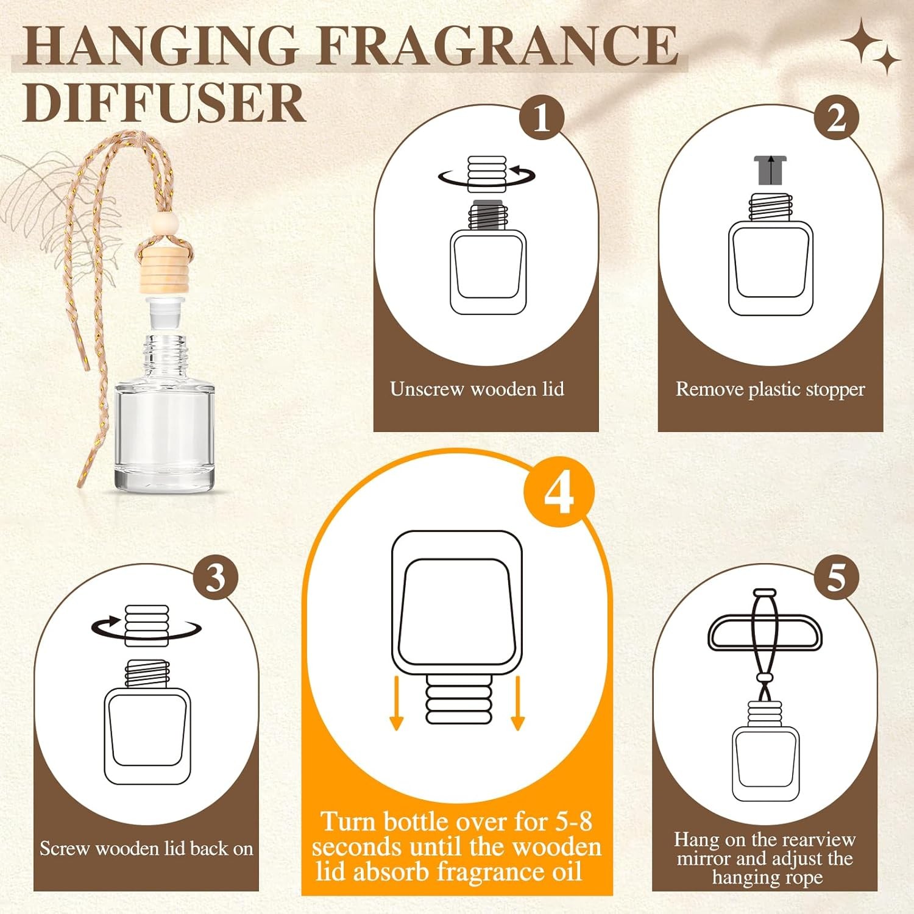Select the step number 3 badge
(x=216, y=576)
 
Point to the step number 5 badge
(x=836, y=576)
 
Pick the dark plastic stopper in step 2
(x=770, y=170)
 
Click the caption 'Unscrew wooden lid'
(x=476, y=389)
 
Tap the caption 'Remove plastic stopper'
(x=770, y=389)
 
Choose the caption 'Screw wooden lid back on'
(x=146, y=848)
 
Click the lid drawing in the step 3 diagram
(x=146, y=625)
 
